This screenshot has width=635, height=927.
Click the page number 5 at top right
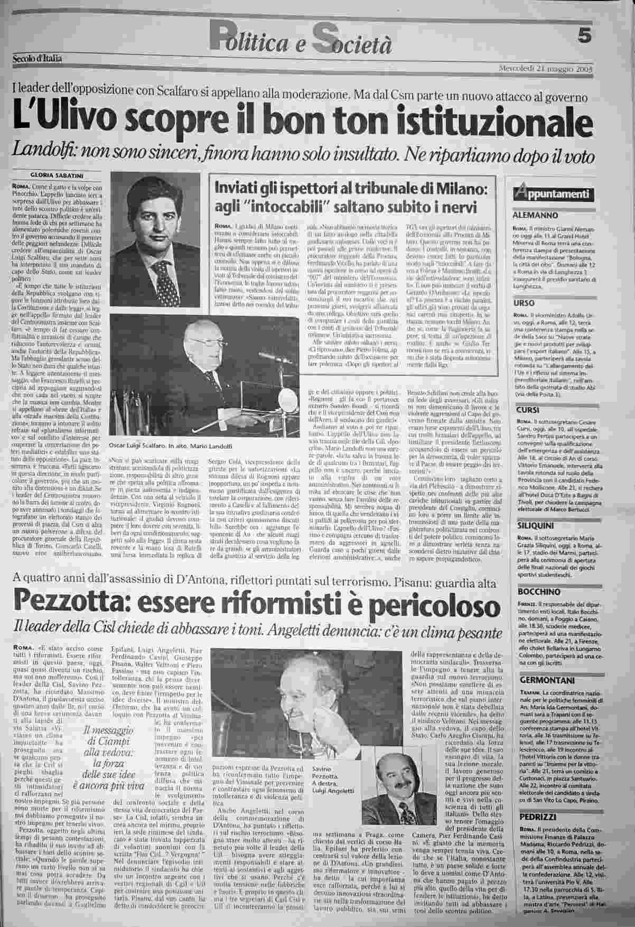coord(584,36)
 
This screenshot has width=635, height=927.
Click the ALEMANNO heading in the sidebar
coord(535,216)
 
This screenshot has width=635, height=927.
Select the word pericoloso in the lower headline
coord(438,605)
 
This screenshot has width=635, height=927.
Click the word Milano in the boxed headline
coord(462,188)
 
